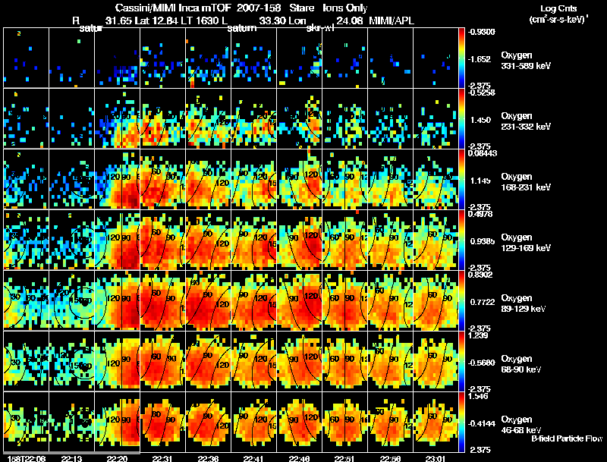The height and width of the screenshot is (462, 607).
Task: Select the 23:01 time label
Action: (x=434, y=458)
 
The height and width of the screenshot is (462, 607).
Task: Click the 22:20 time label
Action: (x=117, y=458)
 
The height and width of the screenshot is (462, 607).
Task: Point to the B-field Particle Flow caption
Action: (x=566, y=439)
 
